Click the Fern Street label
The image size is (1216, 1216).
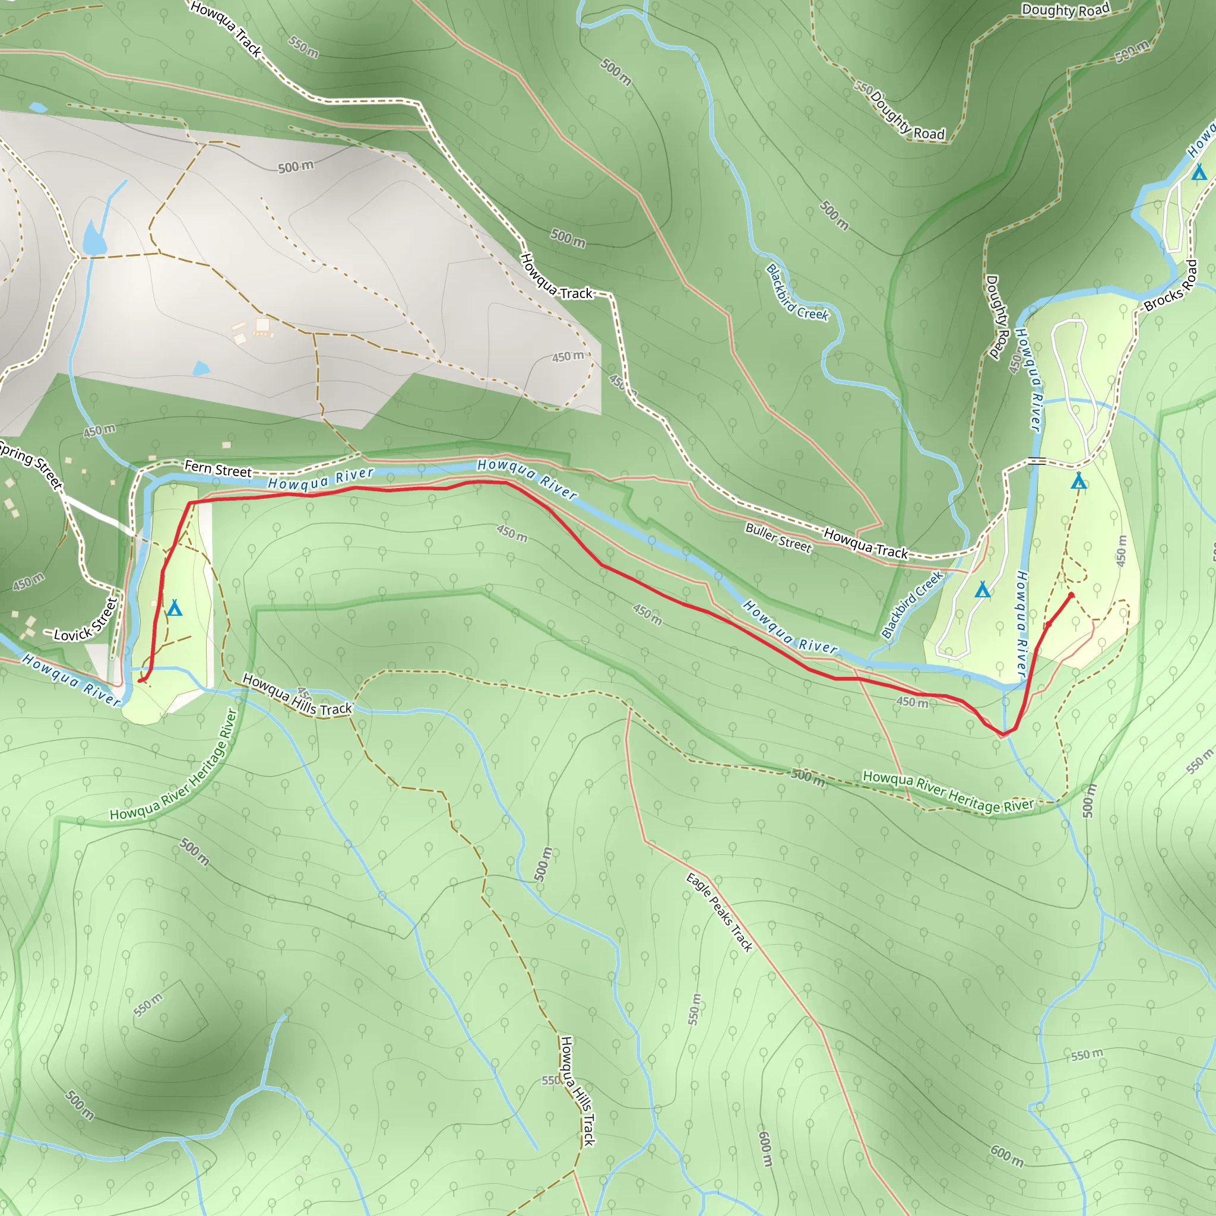click(218, 470)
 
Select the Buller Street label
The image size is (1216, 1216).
click(778, 537)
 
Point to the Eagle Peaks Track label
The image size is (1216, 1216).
click(720, 912)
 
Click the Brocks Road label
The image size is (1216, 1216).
click(1171, 286)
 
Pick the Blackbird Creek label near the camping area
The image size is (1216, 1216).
click(912, 604)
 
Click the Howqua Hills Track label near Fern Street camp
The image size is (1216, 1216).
click(297, 695)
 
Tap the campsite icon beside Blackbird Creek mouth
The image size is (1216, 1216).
click(983, 590)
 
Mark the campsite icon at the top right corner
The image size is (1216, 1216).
click(1199, 172)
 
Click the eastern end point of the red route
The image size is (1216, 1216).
click(1071, 595)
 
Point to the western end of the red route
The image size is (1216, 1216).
click(140, 680)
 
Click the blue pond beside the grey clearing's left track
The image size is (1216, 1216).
click(94, 239)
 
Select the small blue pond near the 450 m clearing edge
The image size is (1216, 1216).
click(201, 368)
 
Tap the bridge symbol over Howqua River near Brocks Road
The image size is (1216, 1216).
click(1037, 461)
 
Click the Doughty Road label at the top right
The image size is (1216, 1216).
click(1066, 10)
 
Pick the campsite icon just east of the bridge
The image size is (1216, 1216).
click(1079, 482)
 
